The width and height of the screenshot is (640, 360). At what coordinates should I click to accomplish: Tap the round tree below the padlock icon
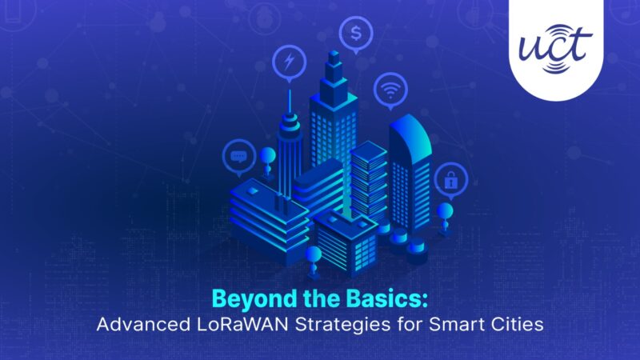pyautogui.click(x=446, y=212)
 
